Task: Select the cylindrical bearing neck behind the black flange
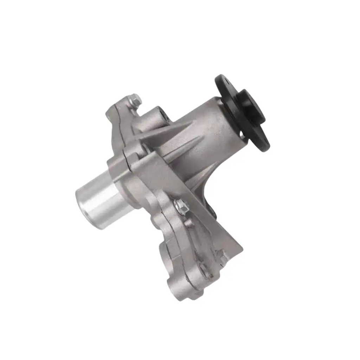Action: point(207,127)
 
